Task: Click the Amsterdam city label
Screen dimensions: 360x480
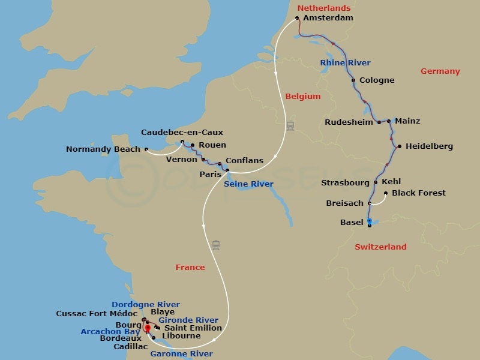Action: [328, 18]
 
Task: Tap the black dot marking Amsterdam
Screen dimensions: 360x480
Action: [297, 18]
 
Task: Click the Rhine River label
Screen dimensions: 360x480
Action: [345, 62]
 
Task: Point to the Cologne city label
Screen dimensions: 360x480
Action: [376, 80]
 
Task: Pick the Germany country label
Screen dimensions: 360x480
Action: [440, 71]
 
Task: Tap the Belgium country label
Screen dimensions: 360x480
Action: [302, 96]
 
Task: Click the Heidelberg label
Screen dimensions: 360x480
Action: [429, 146]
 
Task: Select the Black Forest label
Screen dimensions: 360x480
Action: [418, 193]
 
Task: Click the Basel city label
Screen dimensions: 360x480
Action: [352, 222]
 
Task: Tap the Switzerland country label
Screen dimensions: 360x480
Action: [380, 247]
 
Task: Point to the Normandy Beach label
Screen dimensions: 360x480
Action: [103, 149]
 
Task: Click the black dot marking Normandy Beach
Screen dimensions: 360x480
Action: [146, 149]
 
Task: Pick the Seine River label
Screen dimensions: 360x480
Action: [249, 184]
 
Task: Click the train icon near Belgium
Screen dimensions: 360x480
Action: [290, 126]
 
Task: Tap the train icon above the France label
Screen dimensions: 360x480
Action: [216, 245]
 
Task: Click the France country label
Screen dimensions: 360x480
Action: [190, 267]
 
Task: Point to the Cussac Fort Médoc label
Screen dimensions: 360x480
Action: [97, 313]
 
